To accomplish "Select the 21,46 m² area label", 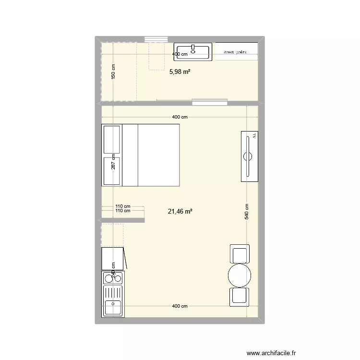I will pos(180,211).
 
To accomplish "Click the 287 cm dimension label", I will pos(113,161).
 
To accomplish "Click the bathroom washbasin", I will pos(193,52).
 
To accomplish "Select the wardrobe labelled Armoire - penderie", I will pos(236,52).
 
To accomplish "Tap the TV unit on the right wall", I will pos(250,156).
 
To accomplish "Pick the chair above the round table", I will pos(240,253).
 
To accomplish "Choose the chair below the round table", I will pos(240,297).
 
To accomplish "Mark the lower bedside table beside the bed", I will pos(111,171).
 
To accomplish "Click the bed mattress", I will pos(158,155).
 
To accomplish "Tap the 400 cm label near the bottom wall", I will pos(180,306).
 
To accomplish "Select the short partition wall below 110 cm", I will pos(123,220).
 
